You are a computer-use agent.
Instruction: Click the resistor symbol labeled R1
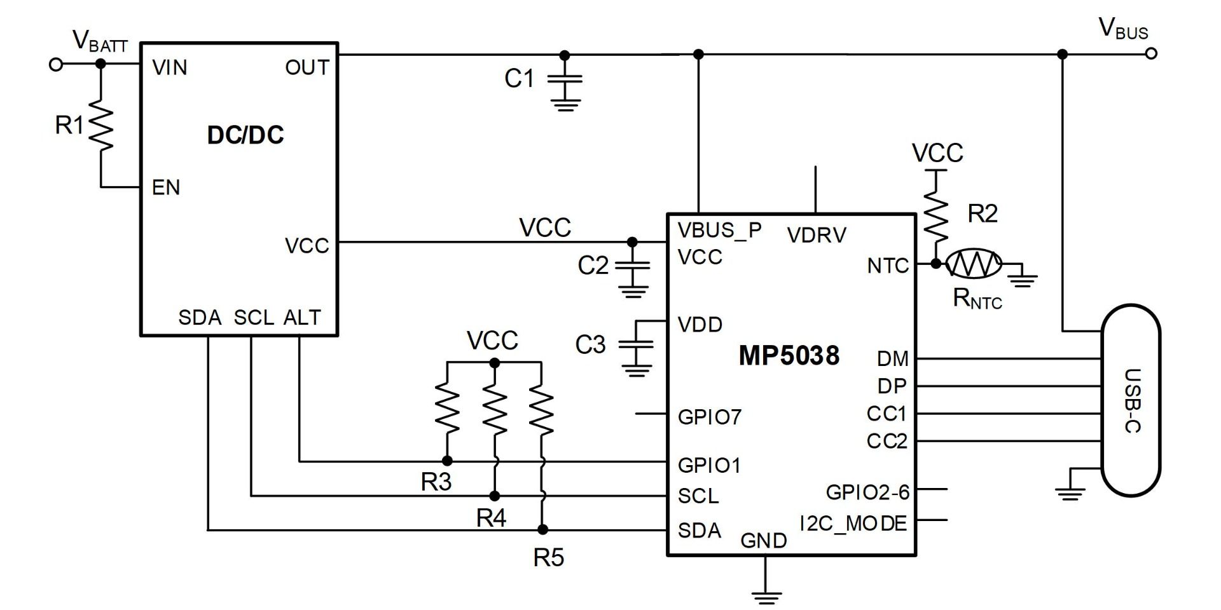point(100,126)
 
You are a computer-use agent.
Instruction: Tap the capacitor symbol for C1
point(565,79)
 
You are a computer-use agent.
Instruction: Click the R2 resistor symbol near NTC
point(936,213)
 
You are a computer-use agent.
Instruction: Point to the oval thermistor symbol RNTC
point(974,263)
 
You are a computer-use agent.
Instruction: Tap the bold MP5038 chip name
point(789,356)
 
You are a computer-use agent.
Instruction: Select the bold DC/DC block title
point(245,135)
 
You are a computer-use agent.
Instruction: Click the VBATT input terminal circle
point(57,64)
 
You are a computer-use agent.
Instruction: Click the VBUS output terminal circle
point(1151,54)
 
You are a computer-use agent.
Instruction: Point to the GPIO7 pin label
point(709,417)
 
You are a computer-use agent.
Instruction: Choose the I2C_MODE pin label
point(853,524)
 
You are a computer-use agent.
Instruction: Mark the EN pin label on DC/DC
point(166,187)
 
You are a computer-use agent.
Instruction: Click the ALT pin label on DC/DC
point(302,317)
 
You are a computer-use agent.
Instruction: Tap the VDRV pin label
point(817,236)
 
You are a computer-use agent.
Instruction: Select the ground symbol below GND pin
point(766,596)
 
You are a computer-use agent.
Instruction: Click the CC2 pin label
point(886,441)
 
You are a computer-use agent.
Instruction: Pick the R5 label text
point(548,558)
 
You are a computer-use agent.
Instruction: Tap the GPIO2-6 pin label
point(867,492)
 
